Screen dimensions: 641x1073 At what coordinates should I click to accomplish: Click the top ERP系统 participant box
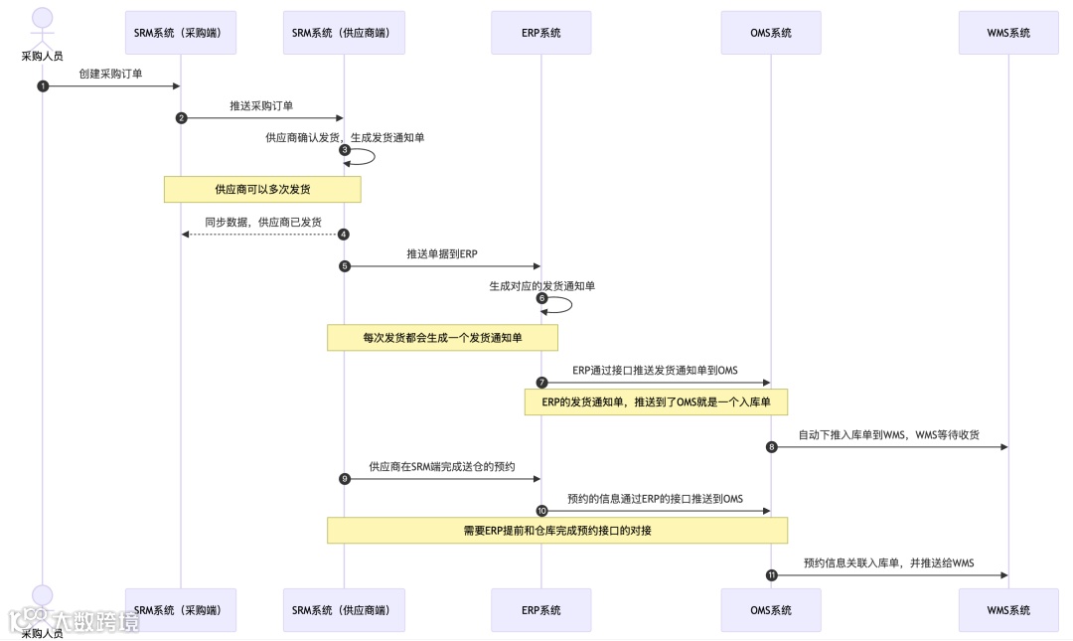(540, 33)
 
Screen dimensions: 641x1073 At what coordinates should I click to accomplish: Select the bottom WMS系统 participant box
(1008, 610)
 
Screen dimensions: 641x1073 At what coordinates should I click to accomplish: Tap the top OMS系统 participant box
(771, 33)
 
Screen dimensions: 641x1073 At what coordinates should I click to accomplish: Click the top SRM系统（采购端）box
(180, 33)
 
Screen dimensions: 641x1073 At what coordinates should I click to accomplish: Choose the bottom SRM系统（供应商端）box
(344, 610)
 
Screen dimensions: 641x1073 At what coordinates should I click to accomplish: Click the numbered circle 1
(43, 86)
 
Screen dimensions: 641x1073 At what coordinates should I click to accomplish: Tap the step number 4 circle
(344, 235)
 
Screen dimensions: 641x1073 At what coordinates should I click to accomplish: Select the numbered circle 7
(541, 383)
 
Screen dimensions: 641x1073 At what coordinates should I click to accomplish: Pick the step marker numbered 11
(771, 575)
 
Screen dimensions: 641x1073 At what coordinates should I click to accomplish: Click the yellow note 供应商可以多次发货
(262, 189)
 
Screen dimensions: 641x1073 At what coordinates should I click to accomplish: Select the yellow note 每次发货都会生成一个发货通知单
(442, 338)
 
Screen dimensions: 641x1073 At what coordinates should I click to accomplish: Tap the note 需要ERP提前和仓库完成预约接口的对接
(556, 531)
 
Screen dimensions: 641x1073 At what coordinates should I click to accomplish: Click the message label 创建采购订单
(110, 74)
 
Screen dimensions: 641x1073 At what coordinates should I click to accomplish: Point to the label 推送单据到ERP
(442, 254)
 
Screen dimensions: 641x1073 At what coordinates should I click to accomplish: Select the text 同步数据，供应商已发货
(263, 222)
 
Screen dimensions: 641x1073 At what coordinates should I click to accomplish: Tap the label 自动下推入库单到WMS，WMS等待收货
(889, 434)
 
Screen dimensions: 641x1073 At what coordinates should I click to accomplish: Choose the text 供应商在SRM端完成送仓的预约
(442, 466)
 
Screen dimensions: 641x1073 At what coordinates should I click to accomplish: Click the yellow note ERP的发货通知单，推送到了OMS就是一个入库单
(656, 402)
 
